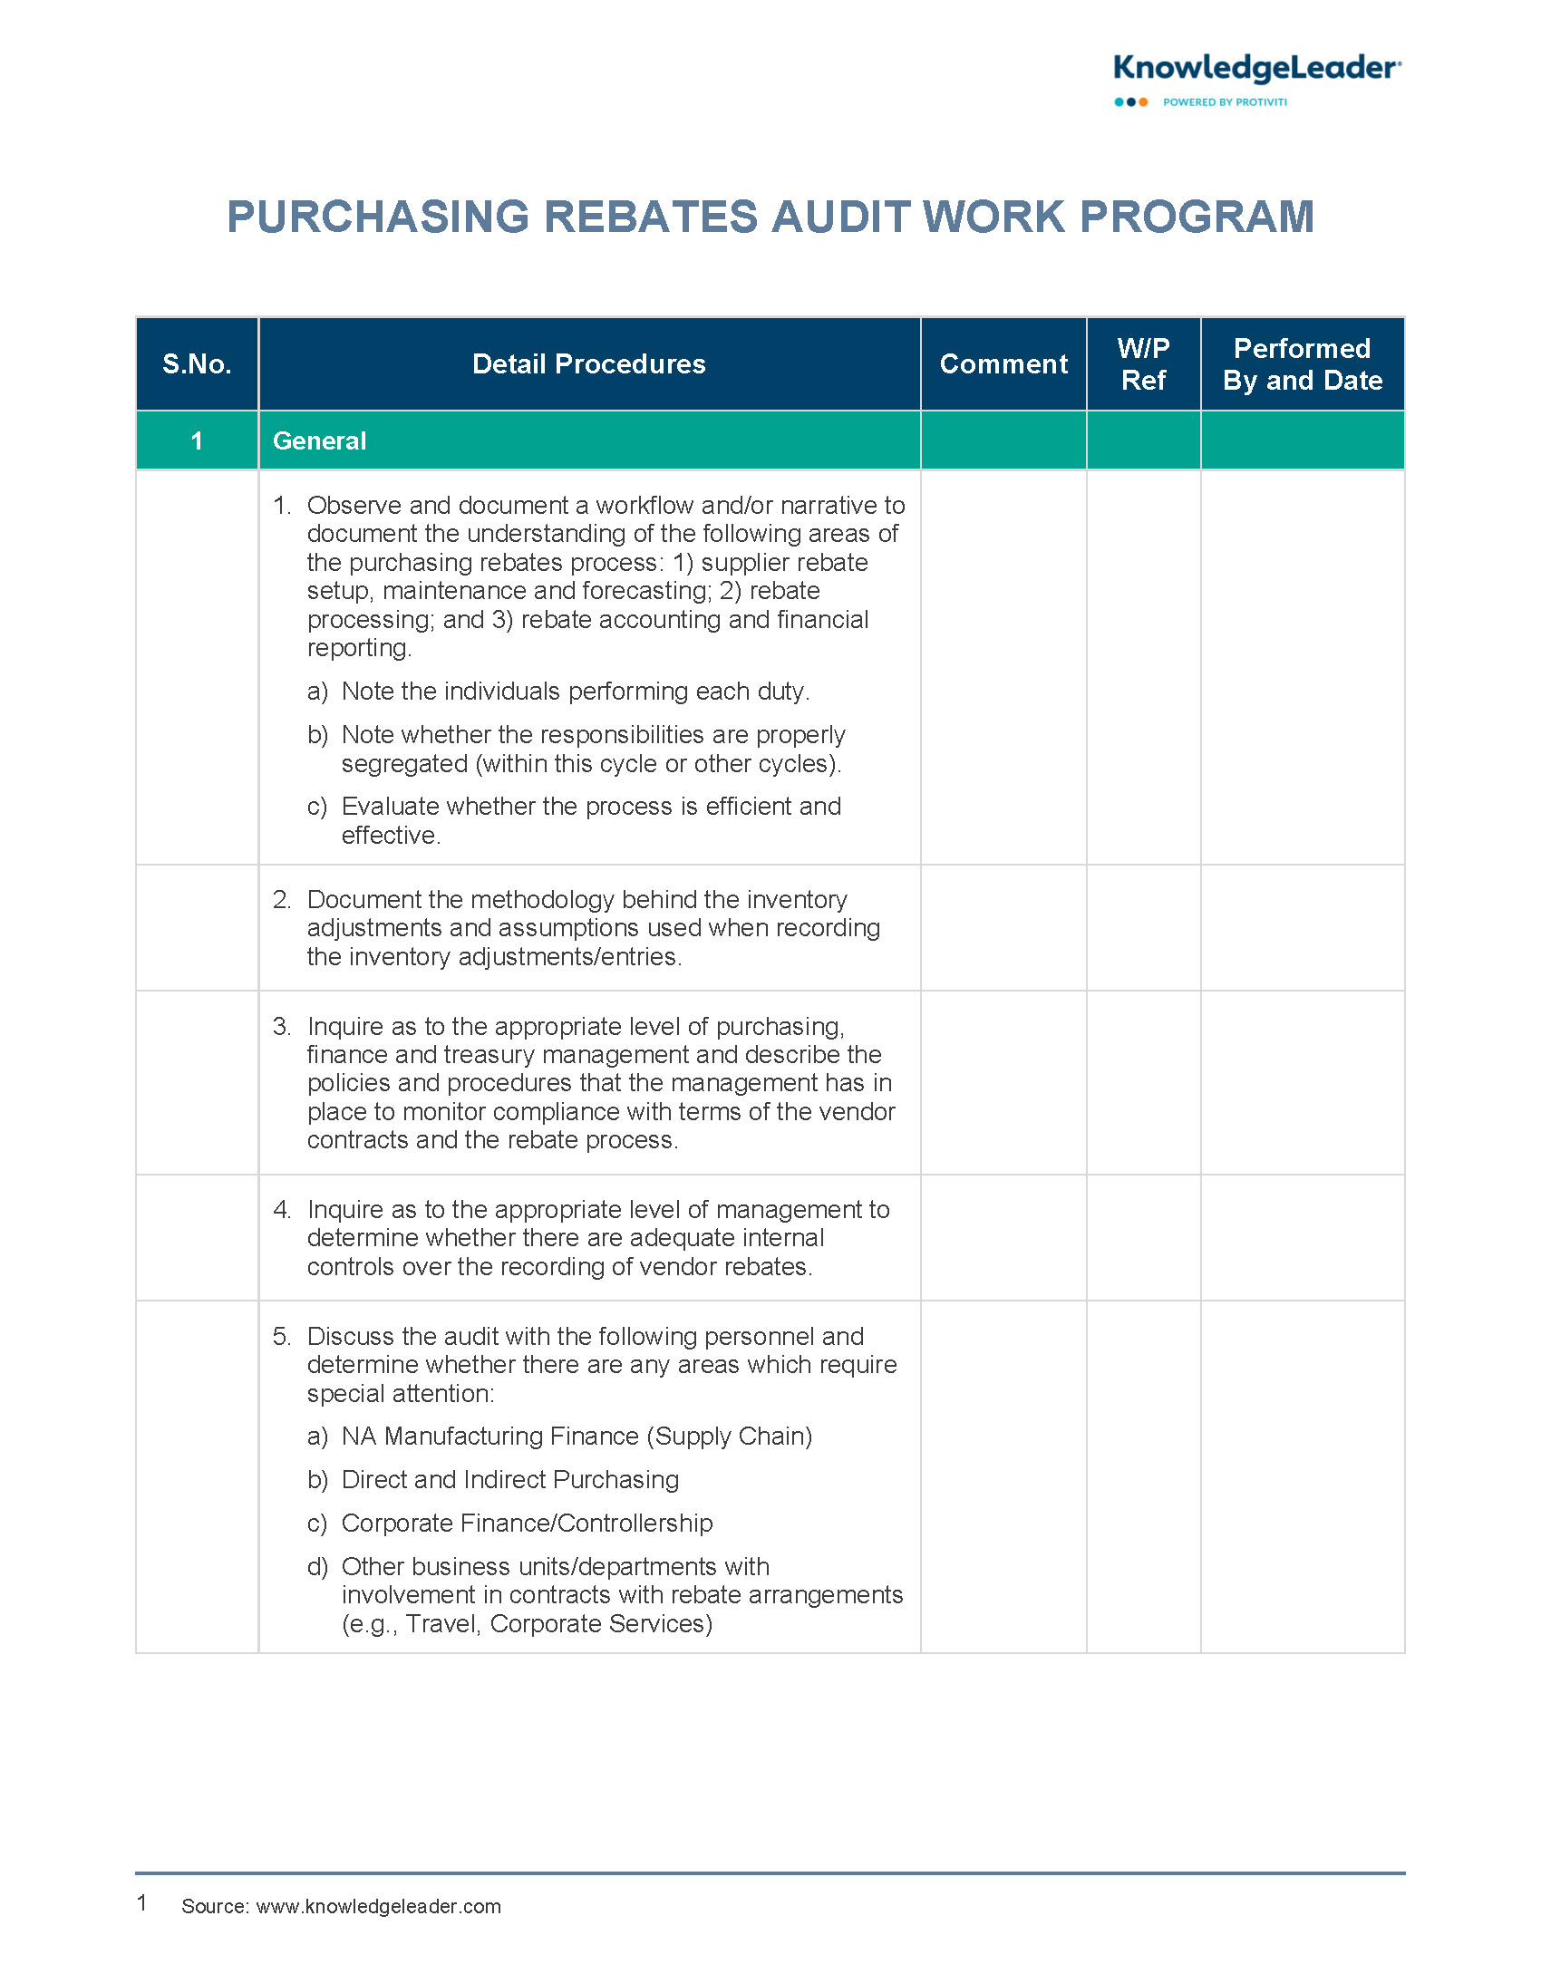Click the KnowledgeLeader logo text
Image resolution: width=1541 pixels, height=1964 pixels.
tap(1256, 69)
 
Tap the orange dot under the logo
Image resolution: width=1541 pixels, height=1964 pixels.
tap(1143, 102)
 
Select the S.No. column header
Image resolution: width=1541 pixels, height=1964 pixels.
tap(197, 364)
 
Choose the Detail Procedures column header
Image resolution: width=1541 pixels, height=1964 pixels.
tap(588, 364)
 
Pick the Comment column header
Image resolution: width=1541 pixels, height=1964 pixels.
tap(1003, 364)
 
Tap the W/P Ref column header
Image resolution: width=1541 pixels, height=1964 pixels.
tap(1143, 364)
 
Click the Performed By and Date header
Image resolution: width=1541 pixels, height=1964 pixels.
tap(1302, 364)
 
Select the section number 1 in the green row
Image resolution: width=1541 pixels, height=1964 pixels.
tap(197, 441)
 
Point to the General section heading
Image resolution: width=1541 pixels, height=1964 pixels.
tap(319, 441)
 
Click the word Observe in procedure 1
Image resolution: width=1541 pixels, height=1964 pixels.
tap(354, 506)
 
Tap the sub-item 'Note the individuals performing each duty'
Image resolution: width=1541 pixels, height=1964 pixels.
tap(575, 692)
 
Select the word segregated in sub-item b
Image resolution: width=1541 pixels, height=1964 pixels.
tap(404, 764)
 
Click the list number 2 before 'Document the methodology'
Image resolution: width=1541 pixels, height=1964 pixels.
tap(281, 900)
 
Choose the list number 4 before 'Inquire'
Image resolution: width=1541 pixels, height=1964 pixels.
tap(281, 1210)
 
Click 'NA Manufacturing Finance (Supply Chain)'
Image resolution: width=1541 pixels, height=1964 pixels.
tap(577, 1437)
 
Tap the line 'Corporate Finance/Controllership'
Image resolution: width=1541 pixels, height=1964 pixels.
tap(527, 1524)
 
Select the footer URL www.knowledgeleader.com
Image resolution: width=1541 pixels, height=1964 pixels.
tap(378, 1906)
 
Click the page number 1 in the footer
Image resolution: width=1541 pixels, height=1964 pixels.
tap(142, 1903)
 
